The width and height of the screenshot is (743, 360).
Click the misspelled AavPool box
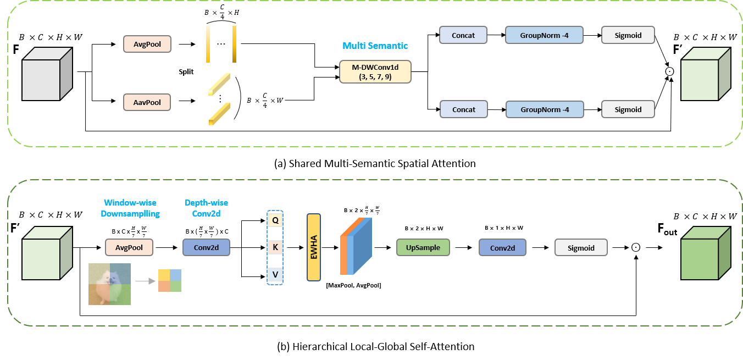coord(147,102)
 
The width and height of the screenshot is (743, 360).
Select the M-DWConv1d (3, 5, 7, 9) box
coord(375,72)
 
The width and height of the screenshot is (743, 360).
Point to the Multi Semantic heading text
coord(375,46)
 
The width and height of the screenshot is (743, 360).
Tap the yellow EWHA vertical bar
coord(313,247)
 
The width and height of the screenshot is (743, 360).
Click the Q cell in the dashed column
coord(275,220)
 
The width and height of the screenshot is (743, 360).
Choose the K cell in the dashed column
coord(275,247)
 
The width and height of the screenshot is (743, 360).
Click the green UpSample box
coord(423,248)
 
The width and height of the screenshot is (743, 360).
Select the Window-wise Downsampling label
coord(130,208)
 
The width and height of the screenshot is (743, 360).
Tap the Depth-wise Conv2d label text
coord(206,208)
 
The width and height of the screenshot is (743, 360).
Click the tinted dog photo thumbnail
coord(110,284)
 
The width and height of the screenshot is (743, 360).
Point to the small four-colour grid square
coord(170,281)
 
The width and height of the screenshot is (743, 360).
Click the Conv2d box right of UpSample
coord(502,248)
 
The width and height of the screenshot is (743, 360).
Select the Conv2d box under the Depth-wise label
coord(206,248)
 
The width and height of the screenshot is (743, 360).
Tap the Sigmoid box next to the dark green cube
coord(581,248)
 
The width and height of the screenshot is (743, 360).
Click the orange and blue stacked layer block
coord(356,246)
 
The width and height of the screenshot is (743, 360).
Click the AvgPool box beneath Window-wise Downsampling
coord(129,248)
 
